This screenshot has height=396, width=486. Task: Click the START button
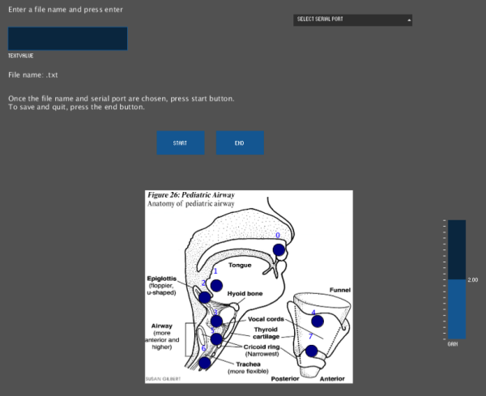coord(179,143)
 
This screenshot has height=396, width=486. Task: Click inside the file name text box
coord(67,39)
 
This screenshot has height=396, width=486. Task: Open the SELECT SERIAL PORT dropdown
coord(352,19)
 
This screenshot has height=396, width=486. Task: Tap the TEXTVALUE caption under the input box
coord(21,56)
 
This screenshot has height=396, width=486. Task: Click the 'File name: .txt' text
coord(33,75)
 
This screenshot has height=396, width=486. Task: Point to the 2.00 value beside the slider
coord(473,279)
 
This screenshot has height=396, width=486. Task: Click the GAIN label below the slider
coord(453,343)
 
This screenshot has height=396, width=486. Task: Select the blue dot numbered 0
coord(279,250)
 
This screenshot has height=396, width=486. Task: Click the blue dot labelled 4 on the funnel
coord(318,321)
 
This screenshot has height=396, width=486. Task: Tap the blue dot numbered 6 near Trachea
coord(204,363)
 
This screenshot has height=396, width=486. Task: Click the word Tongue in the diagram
coord(240,265)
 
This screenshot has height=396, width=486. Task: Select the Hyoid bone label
coord(244,293)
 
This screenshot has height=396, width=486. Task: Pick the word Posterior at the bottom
coord(285,378)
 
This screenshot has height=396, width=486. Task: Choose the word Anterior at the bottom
coord(330,378)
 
